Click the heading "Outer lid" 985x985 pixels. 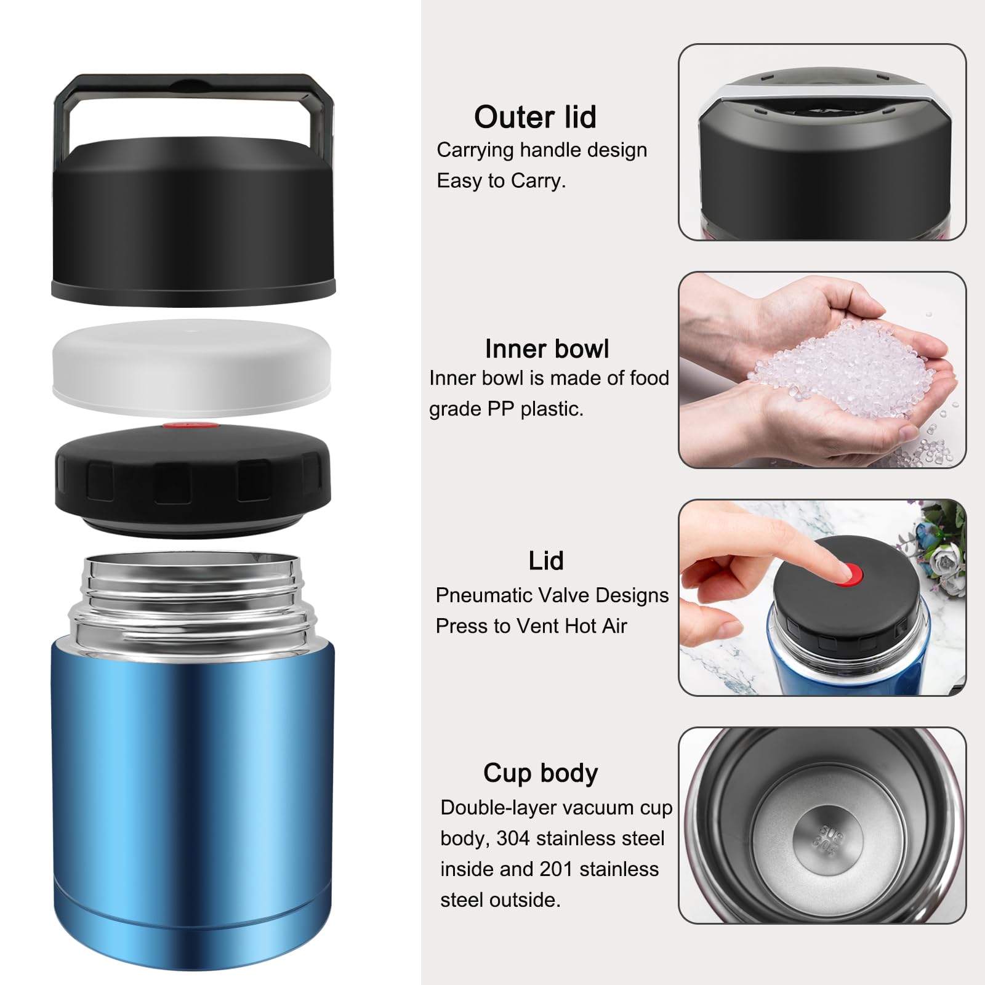535,117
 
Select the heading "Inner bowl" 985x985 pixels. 547,348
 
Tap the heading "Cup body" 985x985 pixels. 541,773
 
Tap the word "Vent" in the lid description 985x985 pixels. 537,626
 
